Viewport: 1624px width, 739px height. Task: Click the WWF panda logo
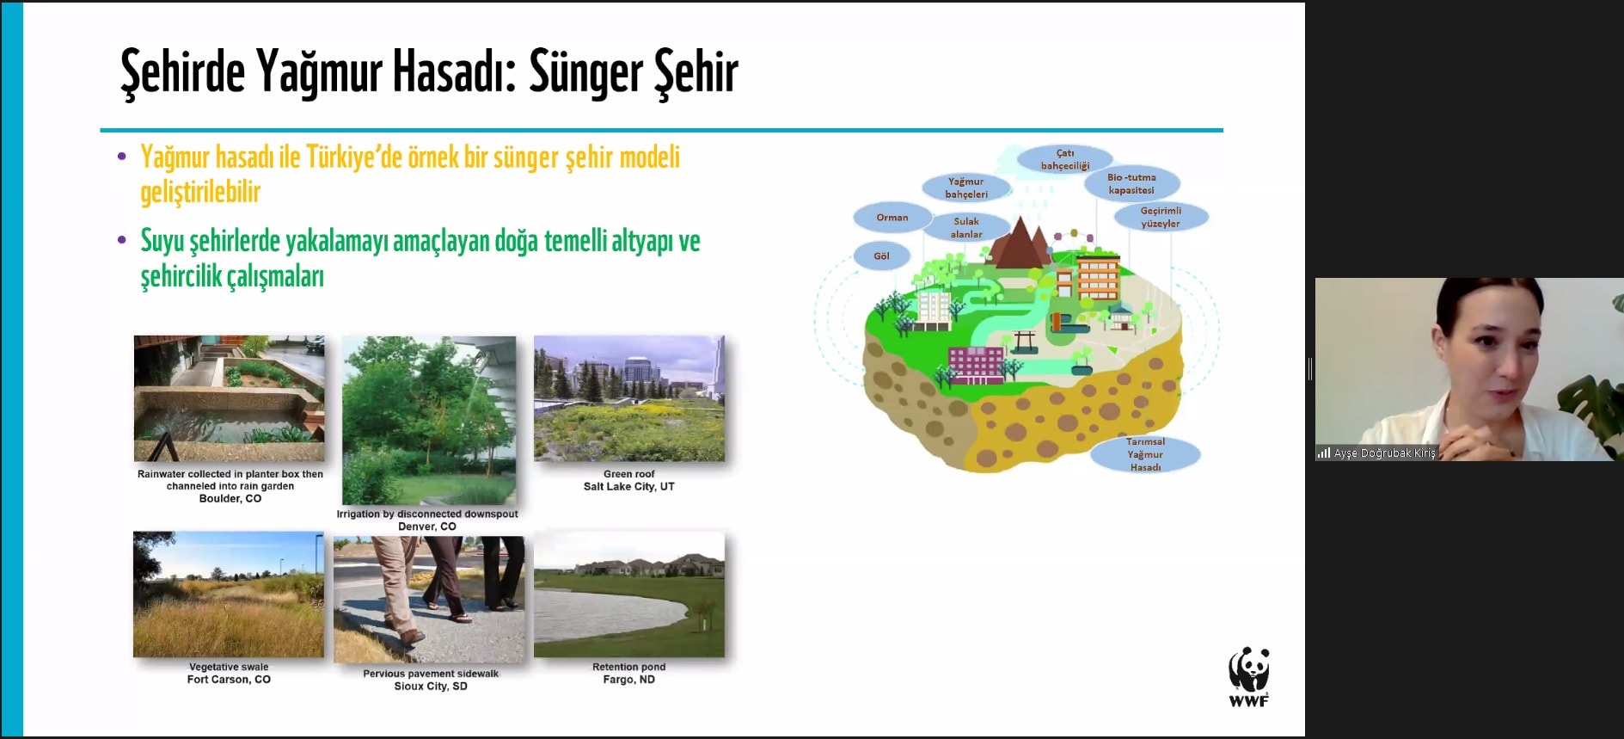[1248, 677]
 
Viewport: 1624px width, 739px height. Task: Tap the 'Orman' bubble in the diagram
[892, 218]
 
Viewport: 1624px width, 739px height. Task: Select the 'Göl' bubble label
[881, 256]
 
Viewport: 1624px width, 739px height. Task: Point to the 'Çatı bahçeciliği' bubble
[1065, 159]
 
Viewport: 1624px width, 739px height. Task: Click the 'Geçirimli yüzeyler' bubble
[1161, 217]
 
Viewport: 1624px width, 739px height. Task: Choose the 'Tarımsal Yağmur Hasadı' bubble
[1145, 454]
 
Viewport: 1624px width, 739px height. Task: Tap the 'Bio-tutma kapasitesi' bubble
[1131, 183]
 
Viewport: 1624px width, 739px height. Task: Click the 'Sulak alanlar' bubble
[966, 227]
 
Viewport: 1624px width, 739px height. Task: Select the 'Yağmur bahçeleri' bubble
[966, 188]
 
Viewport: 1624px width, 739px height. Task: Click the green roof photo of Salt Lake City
[629, 398]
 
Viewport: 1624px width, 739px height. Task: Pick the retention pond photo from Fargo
[629, 594]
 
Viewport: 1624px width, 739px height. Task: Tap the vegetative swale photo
[229, 594]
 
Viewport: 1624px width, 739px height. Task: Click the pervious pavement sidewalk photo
[429, 600]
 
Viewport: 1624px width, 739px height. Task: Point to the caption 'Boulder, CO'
[230, 499]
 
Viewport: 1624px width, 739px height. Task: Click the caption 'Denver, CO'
[427, 527]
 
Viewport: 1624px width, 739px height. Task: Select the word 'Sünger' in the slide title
[585, 72]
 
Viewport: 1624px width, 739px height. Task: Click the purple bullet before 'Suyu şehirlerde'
[122, 240]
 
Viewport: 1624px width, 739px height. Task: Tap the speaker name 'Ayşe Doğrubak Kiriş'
[1385, 453]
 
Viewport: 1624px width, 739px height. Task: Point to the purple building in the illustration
[976, 365]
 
